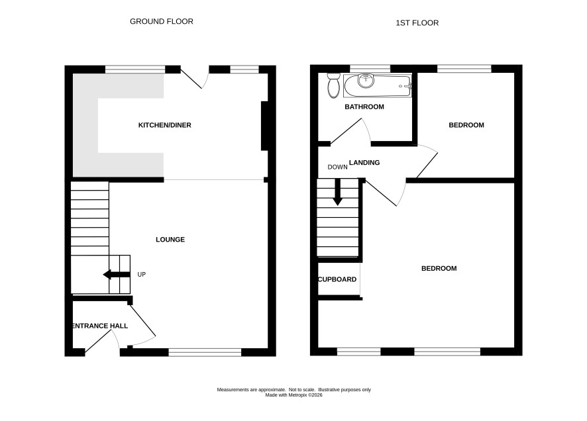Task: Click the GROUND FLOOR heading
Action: point(162,22)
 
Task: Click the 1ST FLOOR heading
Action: point(417,23)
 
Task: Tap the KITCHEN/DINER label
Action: point(165,125)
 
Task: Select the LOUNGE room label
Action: point(170,240)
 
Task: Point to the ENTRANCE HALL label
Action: point(100,326)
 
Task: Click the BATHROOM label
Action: point(364,107)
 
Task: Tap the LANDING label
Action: point(364,163)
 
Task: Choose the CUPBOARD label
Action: point(337,279)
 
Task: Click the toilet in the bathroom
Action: point(333,85)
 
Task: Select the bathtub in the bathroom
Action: point(378,86)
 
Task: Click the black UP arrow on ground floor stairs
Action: point(117,275)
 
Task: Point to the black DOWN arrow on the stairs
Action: point(338,192)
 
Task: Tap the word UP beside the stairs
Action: point(142,275)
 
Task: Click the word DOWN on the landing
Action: point(337,167)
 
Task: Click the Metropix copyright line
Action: point(294,395)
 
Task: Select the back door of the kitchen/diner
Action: point(191,77)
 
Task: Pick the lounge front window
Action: point(205,352)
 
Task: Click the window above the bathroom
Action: point(370,69)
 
